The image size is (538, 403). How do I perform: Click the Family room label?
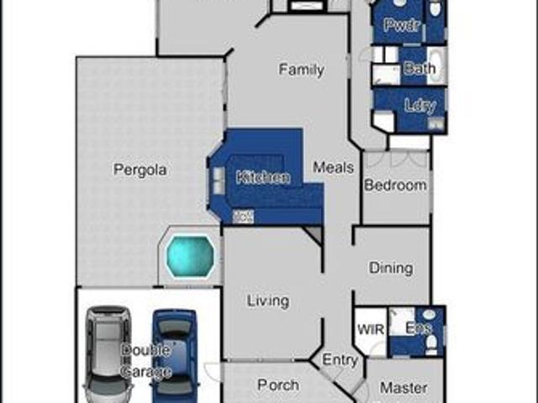pos(301,70)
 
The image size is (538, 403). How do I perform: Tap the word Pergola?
pos(140,170)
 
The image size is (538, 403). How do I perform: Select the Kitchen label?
pos(263,177)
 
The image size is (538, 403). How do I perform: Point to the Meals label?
pos(334,168)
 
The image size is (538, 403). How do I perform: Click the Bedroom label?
pos(395,185)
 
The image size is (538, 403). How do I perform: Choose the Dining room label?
pos(391,268)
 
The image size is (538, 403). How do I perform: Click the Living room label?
pos(267,301)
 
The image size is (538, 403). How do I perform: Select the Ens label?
pos(418,328)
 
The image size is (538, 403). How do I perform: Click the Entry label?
pos(340,360)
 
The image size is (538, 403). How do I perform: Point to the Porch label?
pos(277,385)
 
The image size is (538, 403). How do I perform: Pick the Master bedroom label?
pos(403,389)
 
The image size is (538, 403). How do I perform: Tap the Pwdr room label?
pos(402,25)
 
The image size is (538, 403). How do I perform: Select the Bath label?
pos(419,69)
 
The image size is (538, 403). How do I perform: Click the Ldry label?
pos(419,107)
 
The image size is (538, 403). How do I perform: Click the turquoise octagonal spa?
pos(189,255)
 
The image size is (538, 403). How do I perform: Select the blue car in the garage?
pos(175,353)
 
